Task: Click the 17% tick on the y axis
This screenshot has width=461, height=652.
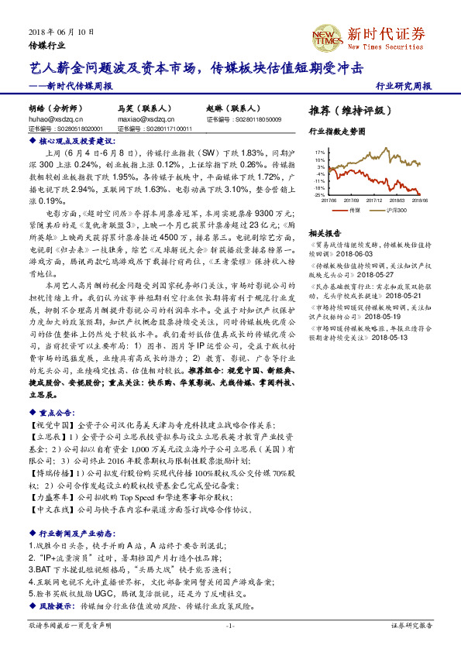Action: point(319,153)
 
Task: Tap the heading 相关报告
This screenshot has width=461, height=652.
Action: point(325,232)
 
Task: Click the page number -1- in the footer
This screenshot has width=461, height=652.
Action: point(230,624)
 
